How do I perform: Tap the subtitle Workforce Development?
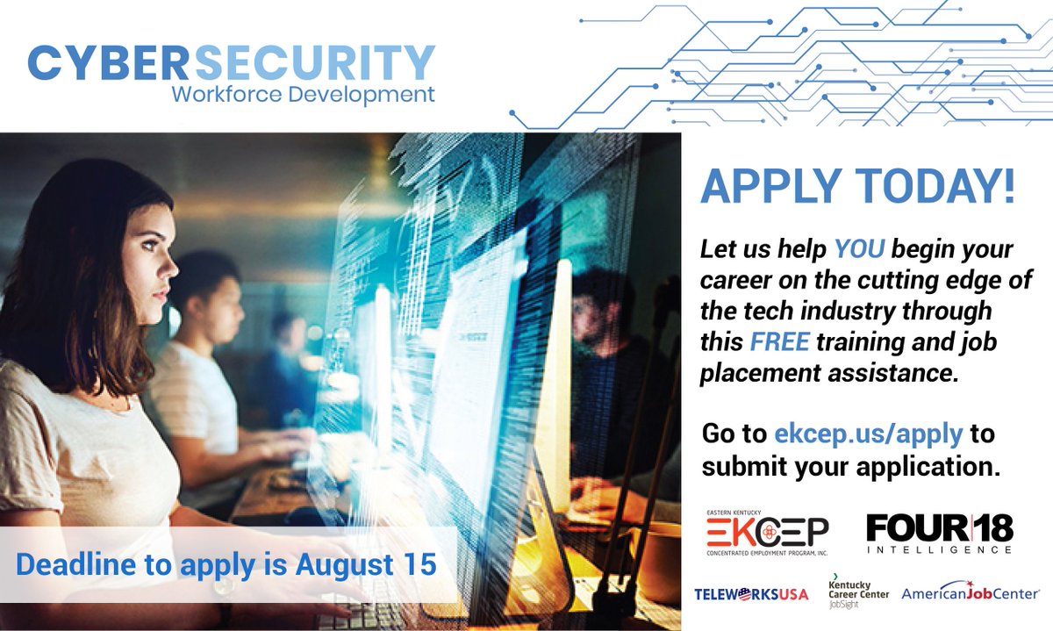pyautogui.click(x=303, y=94)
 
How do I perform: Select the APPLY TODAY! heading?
pyautogui.click(x=857, y=187)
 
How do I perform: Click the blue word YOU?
pyautogui.click(x=860, y=249)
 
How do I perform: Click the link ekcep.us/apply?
pyautogui.click(x=868, y=434)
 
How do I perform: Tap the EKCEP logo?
pyautogui.click(x=767, y=534)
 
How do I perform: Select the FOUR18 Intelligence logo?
pyautogui.click(x=939, y=533)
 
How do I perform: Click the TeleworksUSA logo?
pyautogui.click(x=751, y=594)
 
